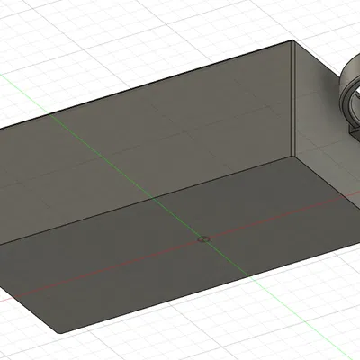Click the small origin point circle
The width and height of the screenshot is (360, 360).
[x=204, y=239]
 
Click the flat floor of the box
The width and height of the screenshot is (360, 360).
[x=180, y=243]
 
